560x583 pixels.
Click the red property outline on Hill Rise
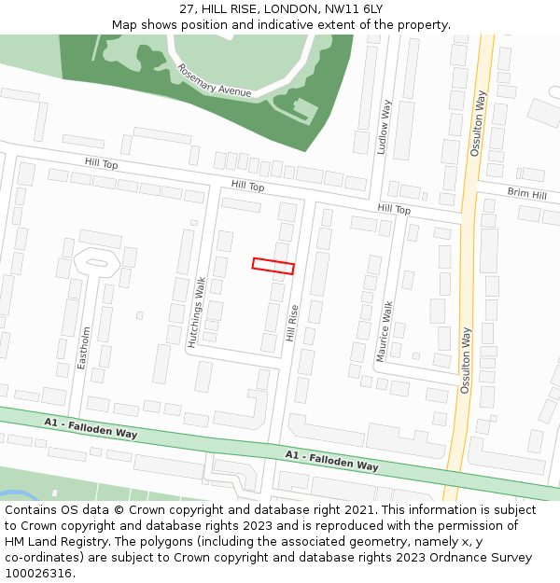point(273,266)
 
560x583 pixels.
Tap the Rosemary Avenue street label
point(215,81)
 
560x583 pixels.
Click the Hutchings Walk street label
point(198,312)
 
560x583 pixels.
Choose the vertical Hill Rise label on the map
point(292,323)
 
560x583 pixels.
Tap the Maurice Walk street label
point(384,330)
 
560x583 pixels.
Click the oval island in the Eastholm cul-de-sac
point(96,262)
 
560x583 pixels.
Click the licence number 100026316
point(38,574)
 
